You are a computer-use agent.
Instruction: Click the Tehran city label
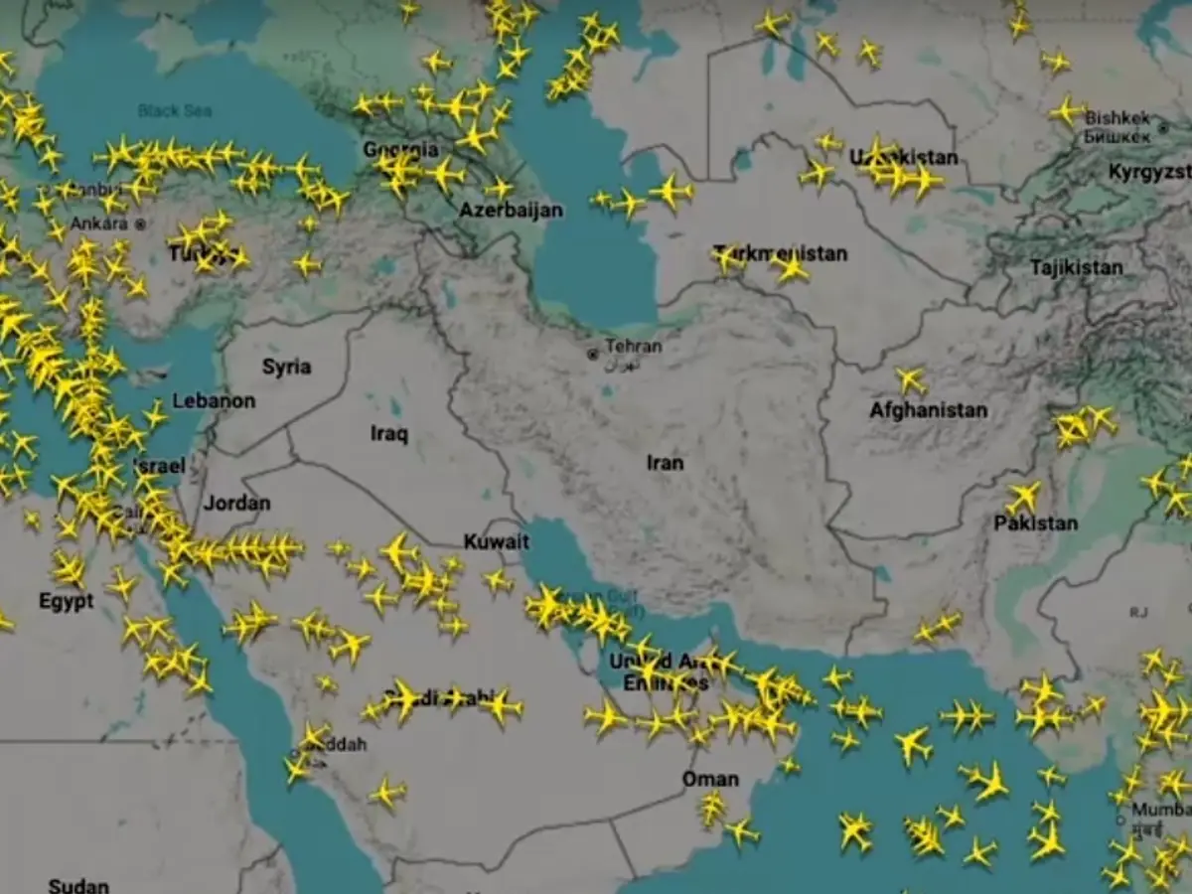click(x=633, y=347)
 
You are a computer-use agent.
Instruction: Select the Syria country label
click(x=286, y=367)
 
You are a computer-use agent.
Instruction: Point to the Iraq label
click(x=389, y=433)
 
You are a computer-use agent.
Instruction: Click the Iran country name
click(x=666, y=463)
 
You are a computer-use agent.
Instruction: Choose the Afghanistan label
click(x=928, y=410)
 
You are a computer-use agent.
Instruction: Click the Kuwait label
click(x=497, y=542)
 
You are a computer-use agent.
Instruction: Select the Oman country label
click(x=709, y=779)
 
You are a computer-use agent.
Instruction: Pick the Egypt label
click(x=66, y=601)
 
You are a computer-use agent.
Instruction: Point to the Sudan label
click(x=78, y=884)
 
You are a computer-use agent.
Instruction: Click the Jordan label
click(x=236, y=503)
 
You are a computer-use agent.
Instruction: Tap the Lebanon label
click(x=214, y=401)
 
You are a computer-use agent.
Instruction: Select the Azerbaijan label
click(x=511, y=210)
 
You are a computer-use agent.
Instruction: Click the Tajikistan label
click(x=1076, y=267)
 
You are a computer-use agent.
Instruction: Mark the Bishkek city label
click(x=1117, y=117)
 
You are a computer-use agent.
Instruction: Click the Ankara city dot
click(x=141, y=224)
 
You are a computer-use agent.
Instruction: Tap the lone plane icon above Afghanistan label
click(x=910, y=379)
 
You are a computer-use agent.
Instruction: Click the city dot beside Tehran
click(x=593, y=354)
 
